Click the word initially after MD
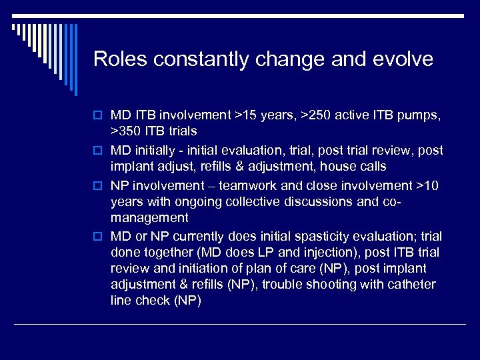click(160, 150)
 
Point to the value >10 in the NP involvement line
click(427, 185)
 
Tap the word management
click(149, 218)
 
